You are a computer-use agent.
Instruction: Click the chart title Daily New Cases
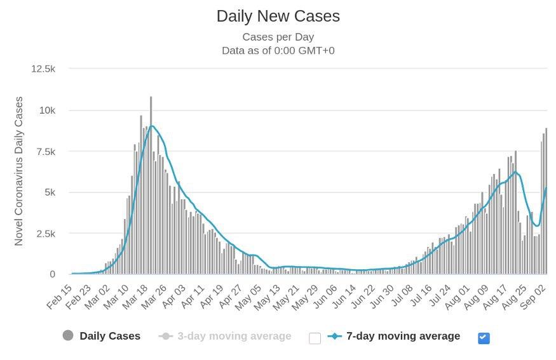pos(278,17)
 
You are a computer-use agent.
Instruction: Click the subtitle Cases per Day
pos(278,37)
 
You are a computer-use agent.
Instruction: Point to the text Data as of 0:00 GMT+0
pos(278,50)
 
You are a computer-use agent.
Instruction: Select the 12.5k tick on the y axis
pos(44,69)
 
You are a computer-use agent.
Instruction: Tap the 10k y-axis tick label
pos(47,110)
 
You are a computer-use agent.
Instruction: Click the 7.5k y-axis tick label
pos(45,151)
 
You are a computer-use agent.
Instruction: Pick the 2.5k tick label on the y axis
pos(45,234)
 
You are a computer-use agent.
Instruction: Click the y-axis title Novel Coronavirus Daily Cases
pos(19,171)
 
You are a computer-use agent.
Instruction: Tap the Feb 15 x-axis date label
pos(59,297)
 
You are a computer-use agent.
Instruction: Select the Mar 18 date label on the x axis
pos(136,297)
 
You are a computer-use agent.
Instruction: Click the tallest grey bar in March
pos(151,184)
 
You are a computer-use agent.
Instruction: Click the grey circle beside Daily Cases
pos(68,336)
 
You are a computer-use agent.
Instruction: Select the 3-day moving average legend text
pos(234,336)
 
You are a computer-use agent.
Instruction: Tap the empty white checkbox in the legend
pos(315,338)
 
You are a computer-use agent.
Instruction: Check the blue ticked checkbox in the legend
pos(484,338)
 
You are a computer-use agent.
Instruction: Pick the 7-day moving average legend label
pos(403,336)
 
